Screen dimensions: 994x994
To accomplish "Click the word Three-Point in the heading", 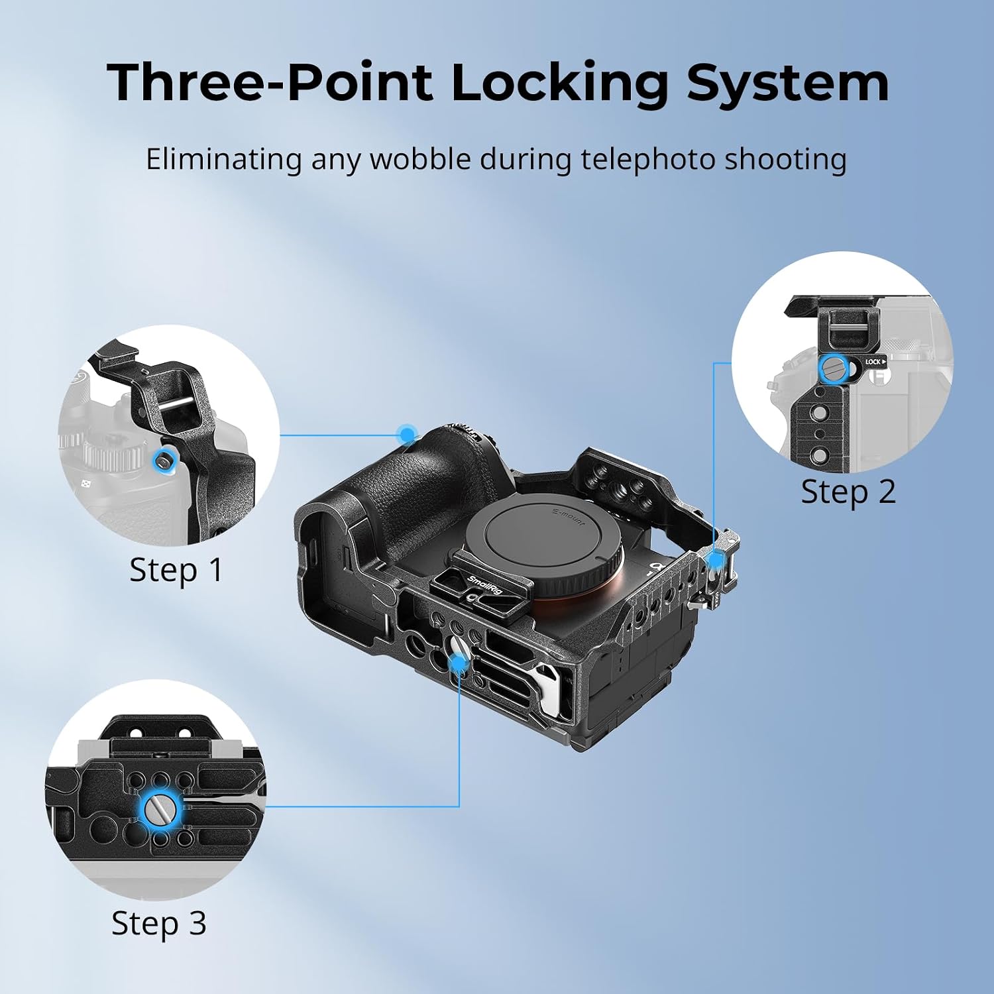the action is [270, 82].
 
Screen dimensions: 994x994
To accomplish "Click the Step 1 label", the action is [176, 571].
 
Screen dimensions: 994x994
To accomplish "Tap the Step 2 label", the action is [848, 492].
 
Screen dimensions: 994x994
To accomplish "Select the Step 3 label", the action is [158, 924].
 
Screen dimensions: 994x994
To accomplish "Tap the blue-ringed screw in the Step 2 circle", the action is [833, 369].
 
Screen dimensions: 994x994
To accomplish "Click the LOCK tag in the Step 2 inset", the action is [874, 362].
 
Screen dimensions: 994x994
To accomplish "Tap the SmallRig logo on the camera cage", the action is [485, 586].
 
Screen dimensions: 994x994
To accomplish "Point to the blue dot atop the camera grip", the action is [407, 435].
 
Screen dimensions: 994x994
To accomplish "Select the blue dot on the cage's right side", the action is [716, 560].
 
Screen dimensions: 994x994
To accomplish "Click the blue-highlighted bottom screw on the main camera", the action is [459, 661].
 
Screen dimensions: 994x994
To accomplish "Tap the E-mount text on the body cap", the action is [569, 516].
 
